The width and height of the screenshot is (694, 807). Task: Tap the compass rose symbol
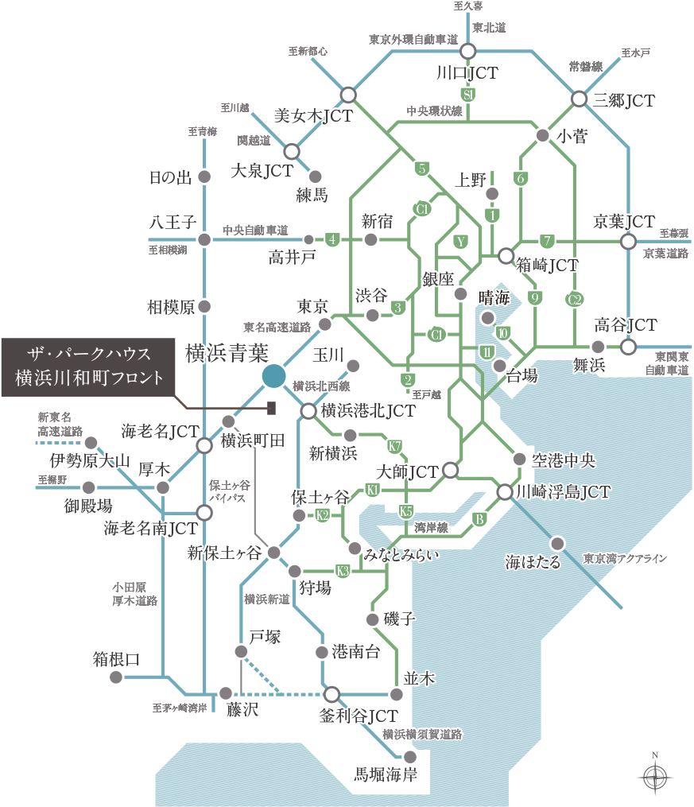click(654, 775)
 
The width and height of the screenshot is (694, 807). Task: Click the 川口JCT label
click(467, 73)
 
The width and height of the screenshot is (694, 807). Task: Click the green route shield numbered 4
click(332, 239)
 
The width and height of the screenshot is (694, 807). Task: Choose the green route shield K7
click(394, 445)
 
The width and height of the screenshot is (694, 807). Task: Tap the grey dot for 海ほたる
click(558, 543)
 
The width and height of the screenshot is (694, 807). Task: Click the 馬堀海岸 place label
click(386, 774)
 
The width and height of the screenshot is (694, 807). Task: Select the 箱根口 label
click(117, 658)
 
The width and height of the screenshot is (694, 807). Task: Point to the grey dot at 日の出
click(204, 177)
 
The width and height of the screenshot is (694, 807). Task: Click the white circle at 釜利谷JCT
click(331, 693)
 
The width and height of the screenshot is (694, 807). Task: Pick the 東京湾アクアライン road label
click(624, 558)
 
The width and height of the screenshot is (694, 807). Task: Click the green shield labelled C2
click(576, 300)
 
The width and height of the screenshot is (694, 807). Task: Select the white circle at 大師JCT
click(450, 471)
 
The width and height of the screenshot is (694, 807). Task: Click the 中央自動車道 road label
click(255, 230)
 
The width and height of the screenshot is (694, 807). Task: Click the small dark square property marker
click(271, 408)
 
